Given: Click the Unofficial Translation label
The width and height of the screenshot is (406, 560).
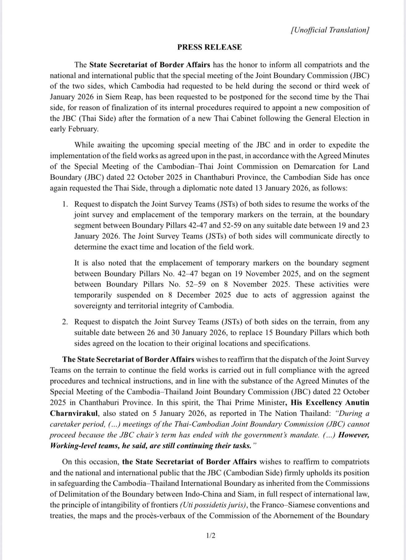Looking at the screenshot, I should pos(330,30).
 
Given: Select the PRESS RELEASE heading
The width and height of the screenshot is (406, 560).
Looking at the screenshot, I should pos(209,47).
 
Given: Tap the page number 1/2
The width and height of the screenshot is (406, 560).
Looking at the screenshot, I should pos(211,535).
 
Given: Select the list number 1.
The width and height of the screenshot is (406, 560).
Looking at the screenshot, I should pos(65,204).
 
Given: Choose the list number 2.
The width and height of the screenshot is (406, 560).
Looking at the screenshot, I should pos(65,322).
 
